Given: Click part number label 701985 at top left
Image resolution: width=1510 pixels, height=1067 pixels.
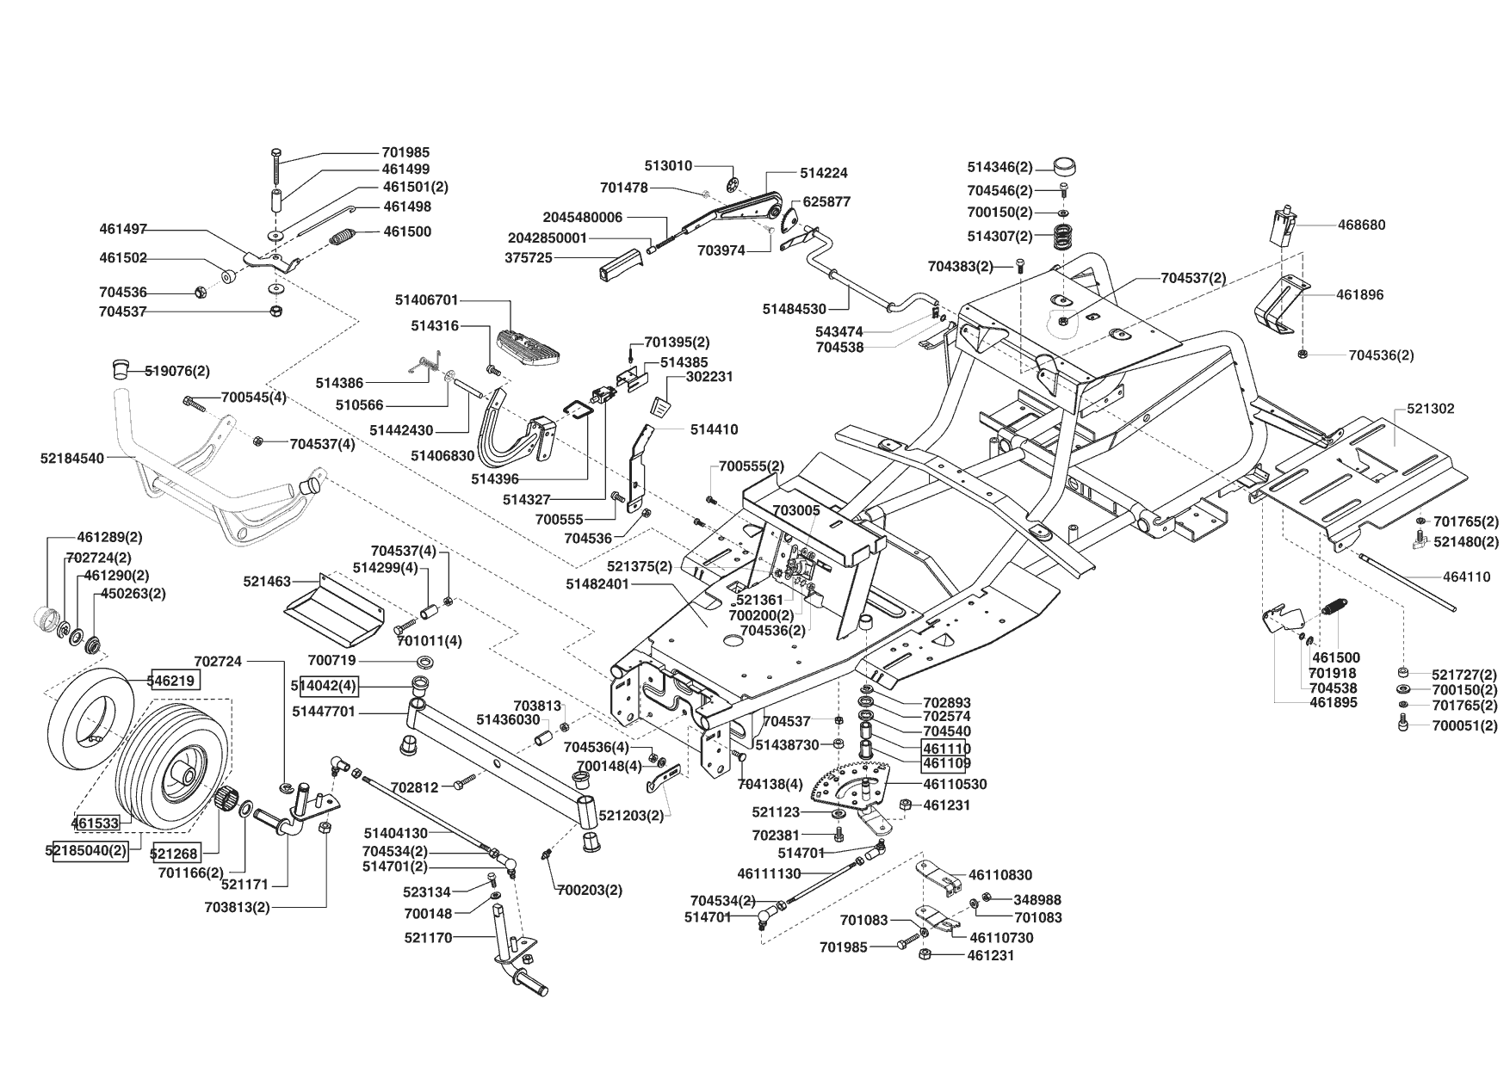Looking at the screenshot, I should [405, 152].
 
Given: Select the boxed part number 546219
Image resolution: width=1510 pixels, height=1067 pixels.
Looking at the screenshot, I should [176, 680].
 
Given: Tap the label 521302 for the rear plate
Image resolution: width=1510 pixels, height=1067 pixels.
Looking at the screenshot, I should [1430, 409].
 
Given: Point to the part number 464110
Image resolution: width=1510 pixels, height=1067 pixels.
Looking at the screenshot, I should [1466, 577].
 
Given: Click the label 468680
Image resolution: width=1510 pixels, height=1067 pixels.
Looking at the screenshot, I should [1361, 225].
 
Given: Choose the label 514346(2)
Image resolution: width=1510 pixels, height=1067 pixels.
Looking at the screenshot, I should [999, 168].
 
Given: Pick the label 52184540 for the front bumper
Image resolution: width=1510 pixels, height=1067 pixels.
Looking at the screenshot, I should [71, 458].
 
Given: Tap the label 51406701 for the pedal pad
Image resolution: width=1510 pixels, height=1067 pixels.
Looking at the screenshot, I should [427, 300].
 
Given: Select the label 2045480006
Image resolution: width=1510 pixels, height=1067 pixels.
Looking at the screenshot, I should [582, 217].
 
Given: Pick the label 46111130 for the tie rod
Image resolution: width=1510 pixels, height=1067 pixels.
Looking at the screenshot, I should [769, 873].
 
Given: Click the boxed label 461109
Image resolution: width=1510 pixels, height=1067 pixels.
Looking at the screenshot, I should [946, 763].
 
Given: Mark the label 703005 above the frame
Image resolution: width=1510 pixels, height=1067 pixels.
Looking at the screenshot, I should [796, 509].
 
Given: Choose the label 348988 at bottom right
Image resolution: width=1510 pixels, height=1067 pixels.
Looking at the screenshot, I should [1037, 899].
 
